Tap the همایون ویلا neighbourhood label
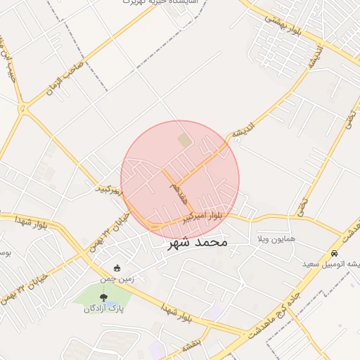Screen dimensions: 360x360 pyautogui.click(x=276, y=239)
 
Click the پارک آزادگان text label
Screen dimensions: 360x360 pyautogui.click(x=103, y=309)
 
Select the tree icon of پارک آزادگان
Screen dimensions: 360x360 pyautogui.click(x=104, y=297)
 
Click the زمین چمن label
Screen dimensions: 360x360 pyautogui.click(x=116, y=278)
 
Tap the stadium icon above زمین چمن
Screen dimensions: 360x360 pyautogui.click(x=117, y=268)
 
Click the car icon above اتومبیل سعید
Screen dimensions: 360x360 pyautogui.click(x=335, y=253)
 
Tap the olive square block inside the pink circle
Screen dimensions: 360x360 pyautogui.click(x=184, y=140)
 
